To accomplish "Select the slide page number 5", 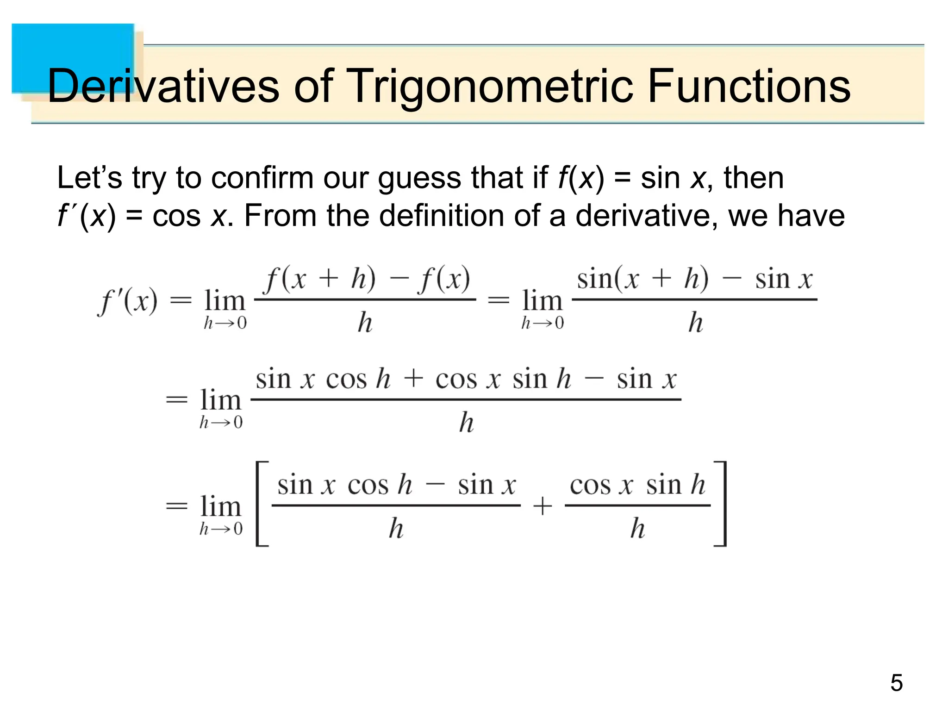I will pos(896,683).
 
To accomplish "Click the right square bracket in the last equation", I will pos(721,504).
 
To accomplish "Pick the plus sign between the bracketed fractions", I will pos(543,505).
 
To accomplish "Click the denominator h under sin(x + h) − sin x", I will pos(695,322).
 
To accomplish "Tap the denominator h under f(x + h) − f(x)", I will pos(365,322).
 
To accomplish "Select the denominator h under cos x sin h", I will pos(637,528).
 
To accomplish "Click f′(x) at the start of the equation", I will pos(128,301).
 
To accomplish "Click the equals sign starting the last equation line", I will pos(177,505).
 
